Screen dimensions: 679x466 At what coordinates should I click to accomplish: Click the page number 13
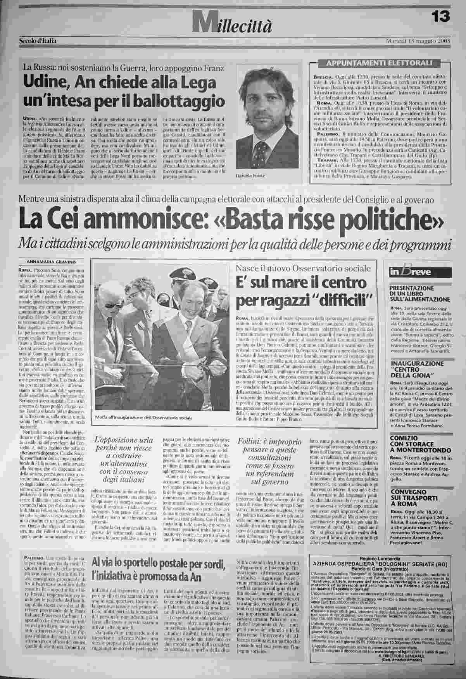click(441, 16)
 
